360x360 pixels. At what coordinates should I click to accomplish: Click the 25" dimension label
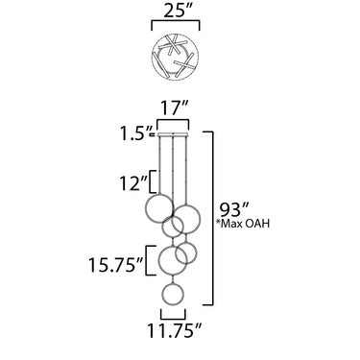pos(176,12)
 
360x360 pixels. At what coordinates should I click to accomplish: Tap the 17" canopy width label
pos(173,108)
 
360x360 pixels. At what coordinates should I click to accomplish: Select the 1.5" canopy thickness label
pos(136,133)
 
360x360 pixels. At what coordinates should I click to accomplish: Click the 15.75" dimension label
pos(116,265)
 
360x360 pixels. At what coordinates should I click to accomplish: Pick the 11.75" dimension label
pos(175,331)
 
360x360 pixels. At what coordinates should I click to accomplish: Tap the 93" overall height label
pos(233,210)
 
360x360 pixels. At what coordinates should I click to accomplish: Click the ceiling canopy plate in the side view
pos(173,134)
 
